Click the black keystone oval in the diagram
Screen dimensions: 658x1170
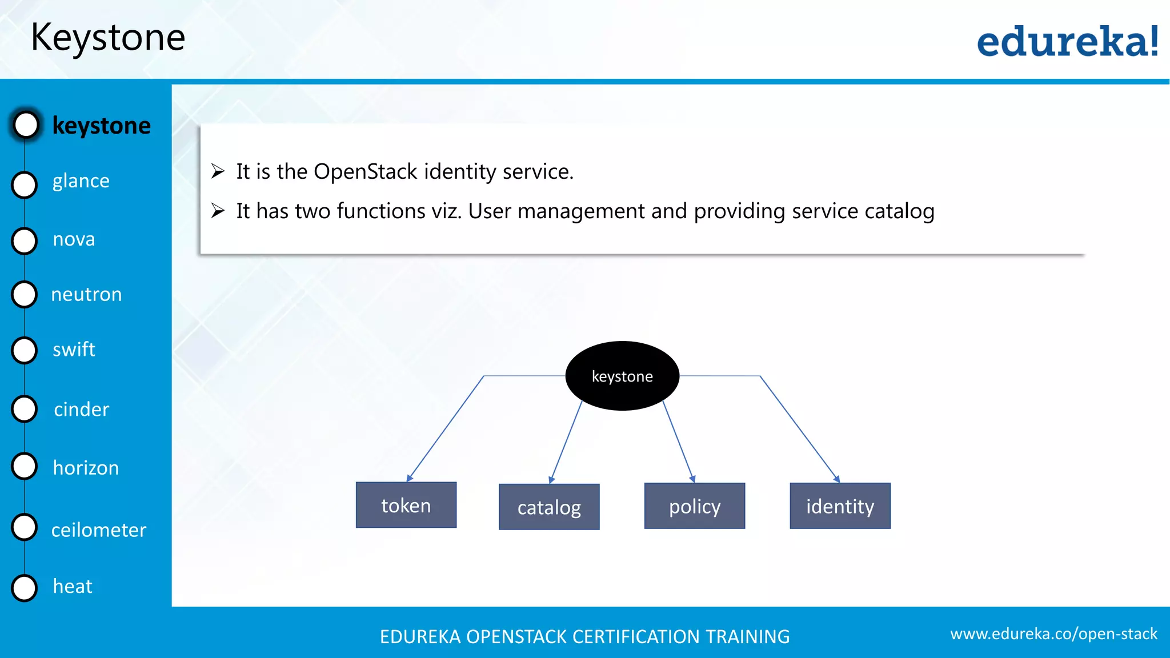(622, 376)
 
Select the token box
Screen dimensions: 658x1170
(406, 505)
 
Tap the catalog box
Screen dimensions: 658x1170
(549, 507)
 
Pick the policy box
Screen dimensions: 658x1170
(695, 506)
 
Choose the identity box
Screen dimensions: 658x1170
(840, 506)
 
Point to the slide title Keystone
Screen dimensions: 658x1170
(108, 38)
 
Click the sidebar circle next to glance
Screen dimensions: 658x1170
(25, 184)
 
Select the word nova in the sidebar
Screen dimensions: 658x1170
(74, 239)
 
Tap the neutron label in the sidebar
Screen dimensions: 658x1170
(86, 294)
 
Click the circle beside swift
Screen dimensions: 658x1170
(25, 350)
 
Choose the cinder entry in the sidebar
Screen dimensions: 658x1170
(81, 409)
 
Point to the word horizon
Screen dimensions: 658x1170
(86, 468)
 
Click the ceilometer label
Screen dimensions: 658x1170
(98, 530)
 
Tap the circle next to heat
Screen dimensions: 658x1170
(25, 588)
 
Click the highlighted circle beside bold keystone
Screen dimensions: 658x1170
(26, 125)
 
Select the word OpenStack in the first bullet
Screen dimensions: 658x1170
(366, 171)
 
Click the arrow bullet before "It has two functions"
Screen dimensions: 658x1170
(218, 211)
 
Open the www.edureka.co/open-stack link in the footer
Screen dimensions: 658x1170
(1053, 633)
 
